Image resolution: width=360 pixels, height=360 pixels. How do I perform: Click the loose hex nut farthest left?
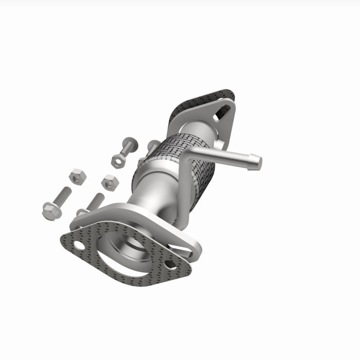[77, 176]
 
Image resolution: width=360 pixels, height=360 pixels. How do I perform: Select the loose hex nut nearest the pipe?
[109, 182]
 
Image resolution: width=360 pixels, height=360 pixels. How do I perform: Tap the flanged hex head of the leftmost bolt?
[51, 211]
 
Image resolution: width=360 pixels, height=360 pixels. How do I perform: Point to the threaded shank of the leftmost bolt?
[63, 195]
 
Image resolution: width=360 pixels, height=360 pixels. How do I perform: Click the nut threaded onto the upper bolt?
[118, 160]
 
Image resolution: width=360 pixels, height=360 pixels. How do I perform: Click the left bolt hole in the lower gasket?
[79, 245]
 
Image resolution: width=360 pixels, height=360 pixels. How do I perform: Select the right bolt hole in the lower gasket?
[170, 265]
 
